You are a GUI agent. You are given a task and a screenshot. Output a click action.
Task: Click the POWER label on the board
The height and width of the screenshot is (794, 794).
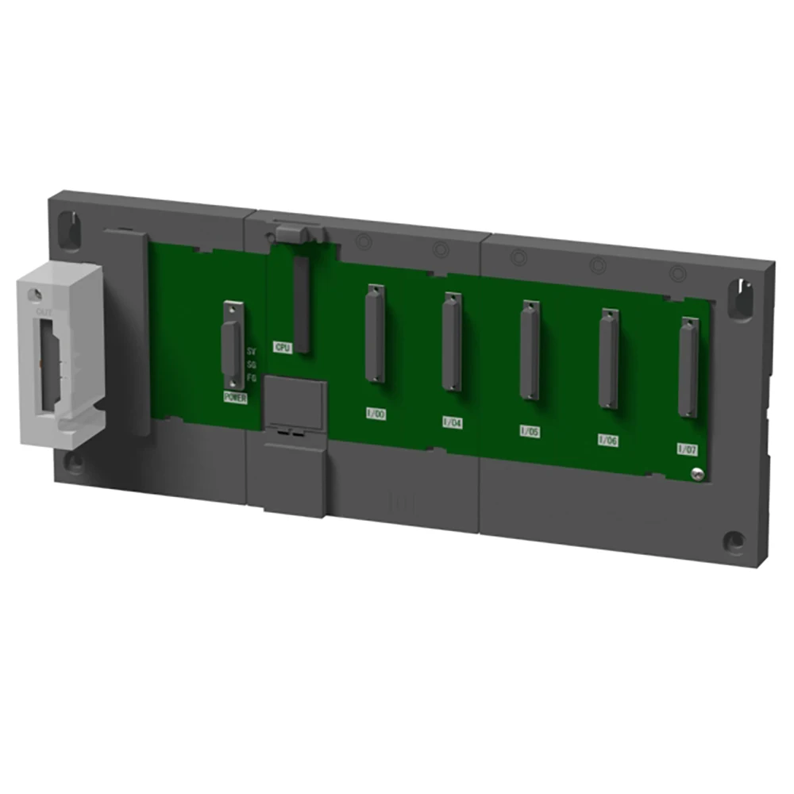[236, 398]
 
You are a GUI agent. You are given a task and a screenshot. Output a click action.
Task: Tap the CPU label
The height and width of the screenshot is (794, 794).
[283, 347]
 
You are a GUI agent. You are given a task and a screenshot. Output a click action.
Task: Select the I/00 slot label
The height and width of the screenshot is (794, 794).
[375, 414]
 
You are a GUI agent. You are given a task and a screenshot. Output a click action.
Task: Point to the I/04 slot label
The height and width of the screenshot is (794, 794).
[453, 422]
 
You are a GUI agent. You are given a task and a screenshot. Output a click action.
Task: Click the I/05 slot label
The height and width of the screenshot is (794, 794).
[530, 431]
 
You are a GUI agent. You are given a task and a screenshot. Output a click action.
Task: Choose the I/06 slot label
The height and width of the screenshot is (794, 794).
[608, 440]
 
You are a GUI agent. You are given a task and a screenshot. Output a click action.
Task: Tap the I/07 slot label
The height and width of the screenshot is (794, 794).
[688, 449]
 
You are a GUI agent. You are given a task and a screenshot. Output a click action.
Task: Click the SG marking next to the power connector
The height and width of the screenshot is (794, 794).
[252, 364]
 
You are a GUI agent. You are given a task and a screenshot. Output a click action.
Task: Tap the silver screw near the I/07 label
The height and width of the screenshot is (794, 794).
[696, 474]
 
